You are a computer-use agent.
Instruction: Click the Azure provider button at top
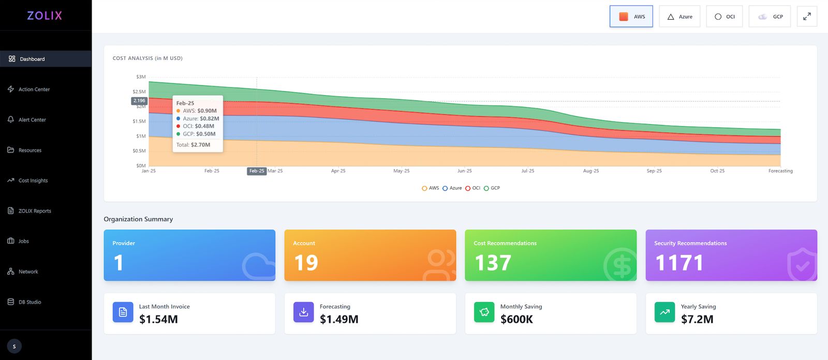pos(679,17)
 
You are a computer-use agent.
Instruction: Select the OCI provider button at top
pos(724,17)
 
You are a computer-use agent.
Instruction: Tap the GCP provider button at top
pos(770,17)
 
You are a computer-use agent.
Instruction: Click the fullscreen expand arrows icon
pos(807,17)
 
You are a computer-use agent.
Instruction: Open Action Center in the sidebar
pos(34,89)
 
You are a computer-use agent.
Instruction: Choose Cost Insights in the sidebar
pos(33,181)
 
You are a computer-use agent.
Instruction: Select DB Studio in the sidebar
pos(29,302)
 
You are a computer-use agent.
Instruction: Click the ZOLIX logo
pos(45,16)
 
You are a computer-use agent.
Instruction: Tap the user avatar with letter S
pos(14,347)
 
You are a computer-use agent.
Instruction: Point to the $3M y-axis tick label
pos(141,77)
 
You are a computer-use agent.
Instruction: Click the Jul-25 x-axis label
pos(528,171)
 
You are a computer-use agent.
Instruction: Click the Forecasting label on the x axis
pos(780,171)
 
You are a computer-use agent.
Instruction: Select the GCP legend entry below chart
pos(492,188)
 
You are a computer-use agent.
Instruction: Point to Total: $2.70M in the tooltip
pos(193,145)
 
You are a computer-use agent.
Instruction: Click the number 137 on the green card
pos(493,263)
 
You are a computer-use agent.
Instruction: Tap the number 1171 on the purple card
pos(679,263)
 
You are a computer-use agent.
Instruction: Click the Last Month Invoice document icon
pos(123,312)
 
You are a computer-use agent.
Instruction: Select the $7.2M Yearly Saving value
pos(697,319)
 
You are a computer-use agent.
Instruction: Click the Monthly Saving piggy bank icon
pos(484,312)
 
